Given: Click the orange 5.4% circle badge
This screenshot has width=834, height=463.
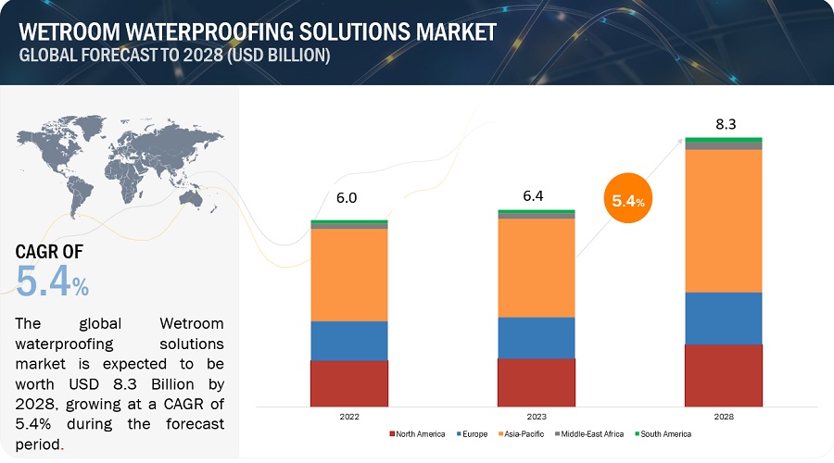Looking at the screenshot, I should click(626, 198).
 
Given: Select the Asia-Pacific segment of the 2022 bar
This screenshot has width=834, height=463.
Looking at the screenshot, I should click(348, 274).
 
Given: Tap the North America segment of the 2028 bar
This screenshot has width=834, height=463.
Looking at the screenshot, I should click(723, 376).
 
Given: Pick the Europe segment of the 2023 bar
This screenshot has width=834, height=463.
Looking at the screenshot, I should click(536, 337).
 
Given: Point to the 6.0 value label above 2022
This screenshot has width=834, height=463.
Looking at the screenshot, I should click(347, 197).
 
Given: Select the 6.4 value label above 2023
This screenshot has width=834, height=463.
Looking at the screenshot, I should click(536, 196).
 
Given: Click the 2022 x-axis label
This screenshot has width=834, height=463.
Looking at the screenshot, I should click(348, 417).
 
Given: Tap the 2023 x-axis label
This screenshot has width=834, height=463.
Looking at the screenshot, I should click(536, 417).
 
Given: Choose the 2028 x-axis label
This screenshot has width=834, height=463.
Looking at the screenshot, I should click(723, 417).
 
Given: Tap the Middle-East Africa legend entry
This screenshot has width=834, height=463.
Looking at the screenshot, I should click(589, 434).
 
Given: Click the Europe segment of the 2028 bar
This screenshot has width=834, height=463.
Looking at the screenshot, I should click(723, 318).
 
